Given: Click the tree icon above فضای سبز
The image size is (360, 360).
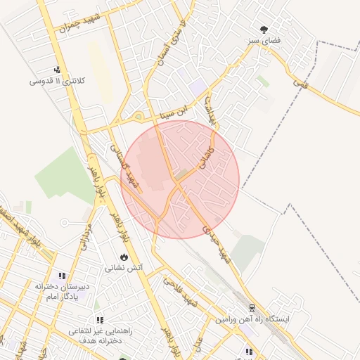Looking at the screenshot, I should click(x=264, y=30).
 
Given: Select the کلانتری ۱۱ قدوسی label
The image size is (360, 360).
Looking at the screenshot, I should click(x=56, y=81).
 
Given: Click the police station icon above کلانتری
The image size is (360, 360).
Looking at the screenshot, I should click(x=56, y=70).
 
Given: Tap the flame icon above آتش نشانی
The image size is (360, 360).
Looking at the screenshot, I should click(x=124, y=257).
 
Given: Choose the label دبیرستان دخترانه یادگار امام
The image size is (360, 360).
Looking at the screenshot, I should click(x=62, y=291).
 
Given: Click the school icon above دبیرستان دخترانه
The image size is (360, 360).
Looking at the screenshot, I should click(x=62, y=276).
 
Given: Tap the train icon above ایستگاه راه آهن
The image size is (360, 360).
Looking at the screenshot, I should click(x=251, y=308).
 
